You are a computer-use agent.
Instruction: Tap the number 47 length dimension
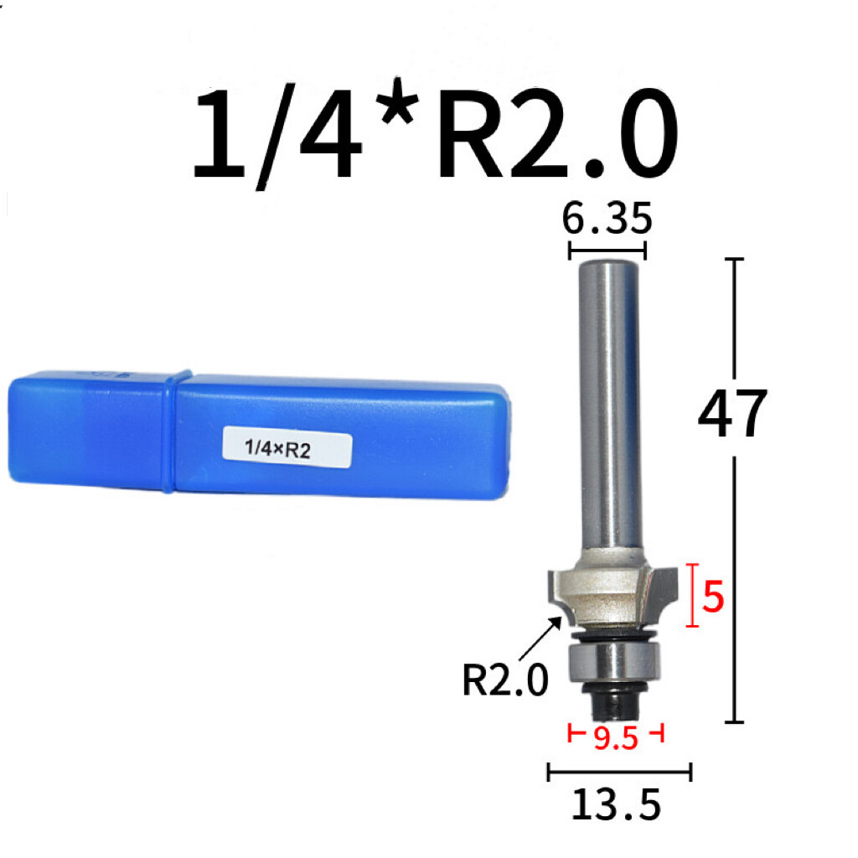click(732, 415)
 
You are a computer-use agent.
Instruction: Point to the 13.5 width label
click(617, 804)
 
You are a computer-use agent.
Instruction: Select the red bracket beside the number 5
click(691, 595)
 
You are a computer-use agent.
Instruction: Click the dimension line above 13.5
click(618, 772)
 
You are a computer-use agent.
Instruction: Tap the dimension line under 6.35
click(607, 249)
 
